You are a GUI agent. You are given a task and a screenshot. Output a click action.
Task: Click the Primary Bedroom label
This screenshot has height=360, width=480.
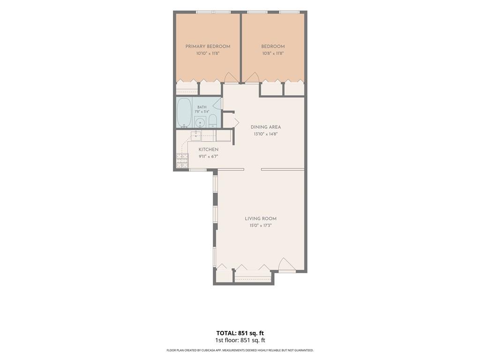[208, 46]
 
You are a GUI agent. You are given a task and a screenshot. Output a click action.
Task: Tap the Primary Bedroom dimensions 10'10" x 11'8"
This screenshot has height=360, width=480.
[208, 53]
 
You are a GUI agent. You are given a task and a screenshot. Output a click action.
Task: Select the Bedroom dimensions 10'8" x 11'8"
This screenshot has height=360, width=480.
[273, 53]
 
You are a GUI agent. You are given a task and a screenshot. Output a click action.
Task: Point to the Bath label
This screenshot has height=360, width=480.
[202, 107]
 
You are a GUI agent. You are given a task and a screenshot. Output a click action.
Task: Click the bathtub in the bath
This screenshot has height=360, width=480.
[184, 112]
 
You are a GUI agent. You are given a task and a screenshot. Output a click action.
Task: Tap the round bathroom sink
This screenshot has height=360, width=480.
[200, 122]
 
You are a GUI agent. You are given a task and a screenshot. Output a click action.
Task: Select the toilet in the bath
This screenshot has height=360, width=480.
[213, 121]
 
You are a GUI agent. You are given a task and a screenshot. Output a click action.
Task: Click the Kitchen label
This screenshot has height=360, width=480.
[209, 150]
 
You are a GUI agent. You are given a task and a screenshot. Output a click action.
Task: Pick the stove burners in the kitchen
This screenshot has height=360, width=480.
[182, 160]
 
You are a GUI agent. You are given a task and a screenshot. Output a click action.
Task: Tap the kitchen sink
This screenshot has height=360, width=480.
[195, 135]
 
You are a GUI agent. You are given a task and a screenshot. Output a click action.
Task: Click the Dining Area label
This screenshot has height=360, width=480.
[266, 127]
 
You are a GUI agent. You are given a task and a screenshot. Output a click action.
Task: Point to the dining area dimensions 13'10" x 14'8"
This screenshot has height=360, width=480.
[266, 134]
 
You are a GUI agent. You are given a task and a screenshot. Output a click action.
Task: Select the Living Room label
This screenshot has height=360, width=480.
[261, 218]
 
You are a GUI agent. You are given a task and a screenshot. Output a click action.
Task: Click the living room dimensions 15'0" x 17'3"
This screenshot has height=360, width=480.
[261, 225]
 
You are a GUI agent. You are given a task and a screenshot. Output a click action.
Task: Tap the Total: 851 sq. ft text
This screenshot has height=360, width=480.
[240, 333]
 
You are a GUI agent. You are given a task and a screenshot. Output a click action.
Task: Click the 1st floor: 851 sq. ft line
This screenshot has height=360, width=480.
[240, 340]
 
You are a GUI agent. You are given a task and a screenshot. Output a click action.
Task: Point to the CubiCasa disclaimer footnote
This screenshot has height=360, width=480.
[240, 350]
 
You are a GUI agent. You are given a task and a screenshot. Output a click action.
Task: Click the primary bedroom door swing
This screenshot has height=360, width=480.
[232, 77]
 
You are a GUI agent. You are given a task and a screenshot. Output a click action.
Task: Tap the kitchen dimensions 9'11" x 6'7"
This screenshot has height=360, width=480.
[209, 157]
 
